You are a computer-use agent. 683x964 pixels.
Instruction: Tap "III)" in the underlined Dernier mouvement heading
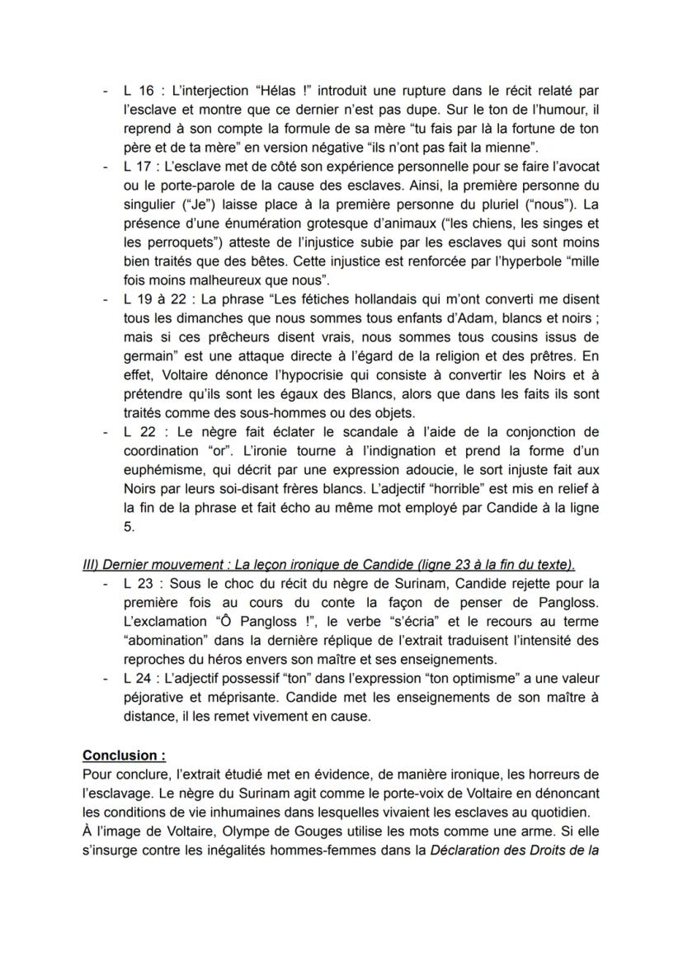click(93, 565)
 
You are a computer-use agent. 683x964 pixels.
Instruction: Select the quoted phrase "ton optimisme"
click(443, 678)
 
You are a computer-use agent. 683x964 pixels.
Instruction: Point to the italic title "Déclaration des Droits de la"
click(512, 849)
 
